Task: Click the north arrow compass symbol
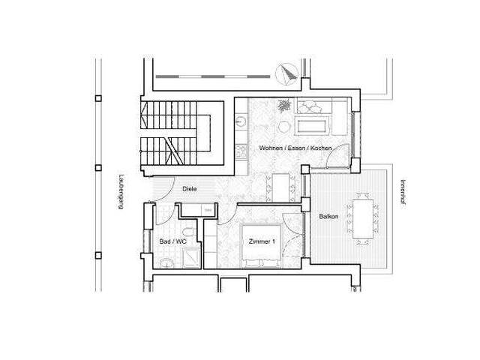click(286, 73)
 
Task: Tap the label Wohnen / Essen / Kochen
click(295, 148)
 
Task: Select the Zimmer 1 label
click(262, 241)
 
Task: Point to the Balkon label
click(328, 217)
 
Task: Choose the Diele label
click(190, 189)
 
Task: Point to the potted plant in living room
click(285, 106)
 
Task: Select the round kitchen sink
click(241, 119)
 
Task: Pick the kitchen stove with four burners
click(241, 151)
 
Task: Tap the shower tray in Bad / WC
click(191, 257)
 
